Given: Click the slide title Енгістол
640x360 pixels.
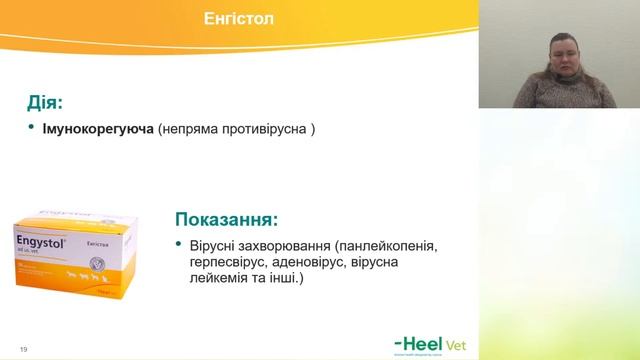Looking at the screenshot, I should tap(240, 19).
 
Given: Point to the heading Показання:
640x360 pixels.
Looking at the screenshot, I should tap(226, 218).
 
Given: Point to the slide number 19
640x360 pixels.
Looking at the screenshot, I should tap(22, 348).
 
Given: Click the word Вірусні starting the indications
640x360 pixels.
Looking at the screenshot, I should tap(214, 245).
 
